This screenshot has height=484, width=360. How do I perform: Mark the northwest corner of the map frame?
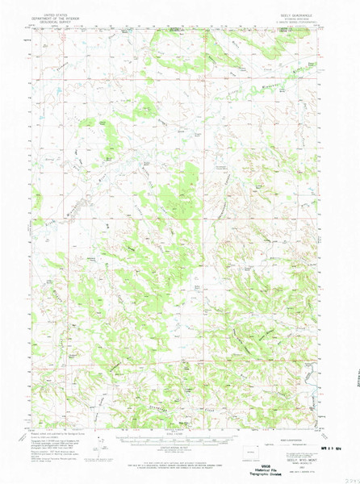(x=33, y=28)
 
